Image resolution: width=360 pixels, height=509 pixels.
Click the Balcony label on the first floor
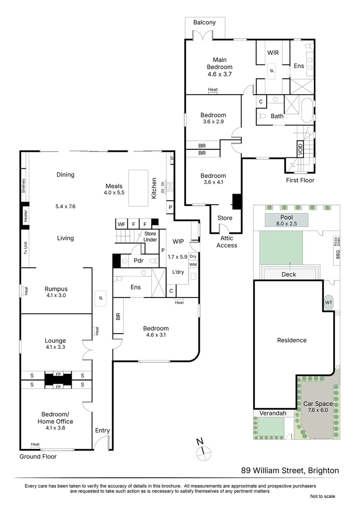coord(205,22)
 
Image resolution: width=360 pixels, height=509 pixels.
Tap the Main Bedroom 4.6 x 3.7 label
coord(220,67)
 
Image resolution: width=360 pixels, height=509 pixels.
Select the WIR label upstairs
coord(273,53)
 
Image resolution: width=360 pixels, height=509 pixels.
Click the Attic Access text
coord(227,242)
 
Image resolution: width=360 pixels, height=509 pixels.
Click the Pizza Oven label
coord(337,242)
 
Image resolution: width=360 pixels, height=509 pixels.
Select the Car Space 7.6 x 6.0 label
coord(318,407)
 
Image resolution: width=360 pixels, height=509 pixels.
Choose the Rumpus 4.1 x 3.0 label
coord(56,292)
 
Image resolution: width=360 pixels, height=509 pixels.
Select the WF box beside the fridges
coord(122,224)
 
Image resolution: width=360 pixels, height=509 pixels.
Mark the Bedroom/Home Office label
coord(56,418)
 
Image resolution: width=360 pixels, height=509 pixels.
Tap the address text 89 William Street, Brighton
coord(290,470)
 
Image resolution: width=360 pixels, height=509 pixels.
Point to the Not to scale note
coord(322,496)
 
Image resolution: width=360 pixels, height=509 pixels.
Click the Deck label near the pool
coord(288,274)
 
